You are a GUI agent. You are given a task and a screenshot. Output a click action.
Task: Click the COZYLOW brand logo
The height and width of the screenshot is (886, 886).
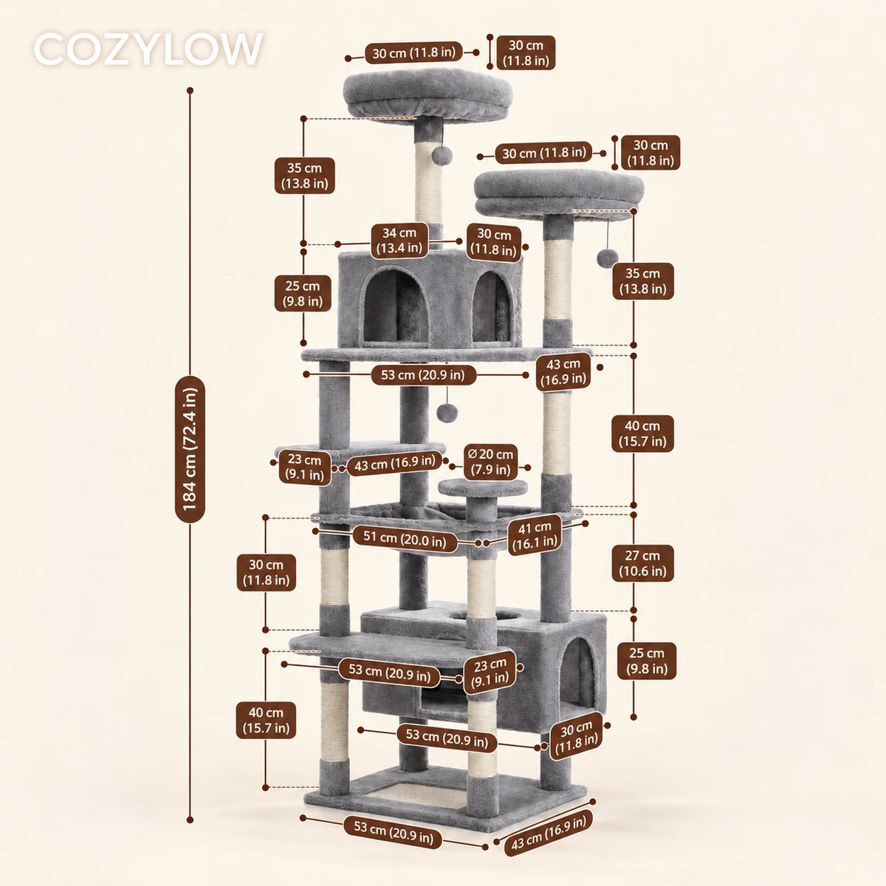click(148, 49)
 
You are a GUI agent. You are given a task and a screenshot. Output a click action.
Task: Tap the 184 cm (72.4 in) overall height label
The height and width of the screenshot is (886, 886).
click(190, 449)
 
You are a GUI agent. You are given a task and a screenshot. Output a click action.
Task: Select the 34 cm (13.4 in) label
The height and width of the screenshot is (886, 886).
click(399, 240)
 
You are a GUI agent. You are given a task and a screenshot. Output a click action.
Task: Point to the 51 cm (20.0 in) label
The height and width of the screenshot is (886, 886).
click(405, 538)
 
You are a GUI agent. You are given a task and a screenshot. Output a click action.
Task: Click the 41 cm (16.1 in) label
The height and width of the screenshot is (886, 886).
click(535, 536)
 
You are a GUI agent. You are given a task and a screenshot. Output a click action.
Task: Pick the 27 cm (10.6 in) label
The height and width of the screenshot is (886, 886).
click(642, 563)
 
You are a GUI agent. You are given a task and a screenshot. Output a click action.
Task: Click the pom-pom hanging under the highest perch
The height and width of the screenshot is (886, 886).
click(442, 155)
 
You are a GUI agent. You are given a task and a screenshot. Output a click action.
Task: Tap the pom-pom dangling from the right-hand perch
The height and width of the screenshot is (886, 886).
click(607, 258)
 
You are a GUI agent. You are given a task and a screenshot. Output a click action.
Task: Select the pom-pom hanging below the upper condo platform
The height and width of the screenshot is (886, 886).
click(447, 413)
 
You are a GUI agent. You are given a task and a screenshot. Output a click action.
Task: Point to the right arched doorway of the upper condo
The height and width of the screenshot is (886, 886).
click(492, 306)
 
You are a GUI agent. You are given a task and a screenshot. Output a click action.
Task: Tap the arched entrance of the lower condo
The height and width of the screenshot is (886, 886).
click(577, 673)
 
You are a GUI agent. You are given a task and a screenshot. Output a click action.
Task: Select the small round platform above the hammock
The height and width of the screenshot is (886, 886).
click(482, 487)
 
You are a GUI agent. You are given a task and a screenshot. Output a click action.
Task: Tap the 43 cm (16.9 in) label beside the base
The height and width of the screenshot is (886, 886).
click(549, 833)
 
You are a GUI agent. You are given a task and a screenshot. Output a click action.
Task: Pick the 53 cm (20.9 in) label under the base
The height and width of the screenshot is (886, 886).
click(393, 832)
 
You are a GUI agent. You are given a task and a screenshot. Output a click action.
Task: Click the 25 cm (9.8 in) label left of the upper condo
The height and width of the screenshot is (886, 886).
click(303, 293)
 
